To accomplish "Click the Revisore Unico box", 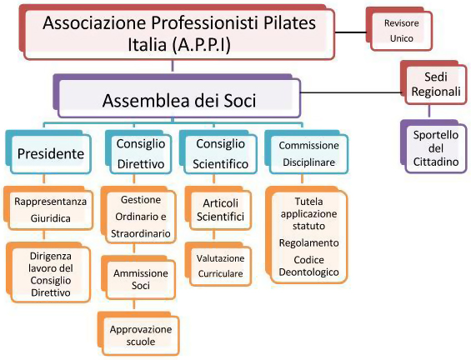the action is pyautogui.click(x=399, y=29).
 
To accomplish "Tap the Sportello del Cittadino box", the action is pyautogui.click(x=433, y=147).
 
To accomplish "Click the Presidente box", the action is pyautogui.click(x=48, y=152).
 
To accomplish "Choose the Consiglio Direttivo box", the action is pyautogui.click(x=138, y=152).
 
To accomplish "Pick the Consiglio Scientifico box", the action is pyautogui.click(x=218, y=152).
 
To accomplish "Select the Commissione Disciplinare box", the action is pyautogui.click(x=307, y=152).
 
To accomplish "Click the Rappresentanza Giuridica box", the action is pyautogui.click(x=48, y=208).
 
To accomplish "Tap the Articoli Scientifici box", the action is pyautogui.click(x=218, y=208).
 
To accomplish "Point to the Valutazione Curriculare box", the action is pyautogui.click(x=218, y=264).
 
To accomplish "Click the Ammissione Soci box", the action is pyautogui.click(x=138, y=277).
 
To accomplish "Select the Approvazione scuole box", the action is pyautogui.click(x=138, y=333).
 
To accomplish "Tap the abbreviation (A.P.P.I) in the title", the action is pyautogui.click(x=201, y=45).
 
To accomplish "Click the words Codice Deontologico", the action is pyautogui.click(x=308, y=266).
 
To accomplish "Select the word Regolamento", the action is pyautogui.click(x=308, y=242).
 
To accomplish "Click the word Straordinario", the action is pyautogui.click(x=141, y=233).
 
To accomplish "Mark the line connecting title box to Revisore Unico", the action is pyautogui.click(x=351, y=32).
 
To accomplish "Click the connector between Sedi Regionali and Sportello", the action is pyautogui.click(x=429, y=111).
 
